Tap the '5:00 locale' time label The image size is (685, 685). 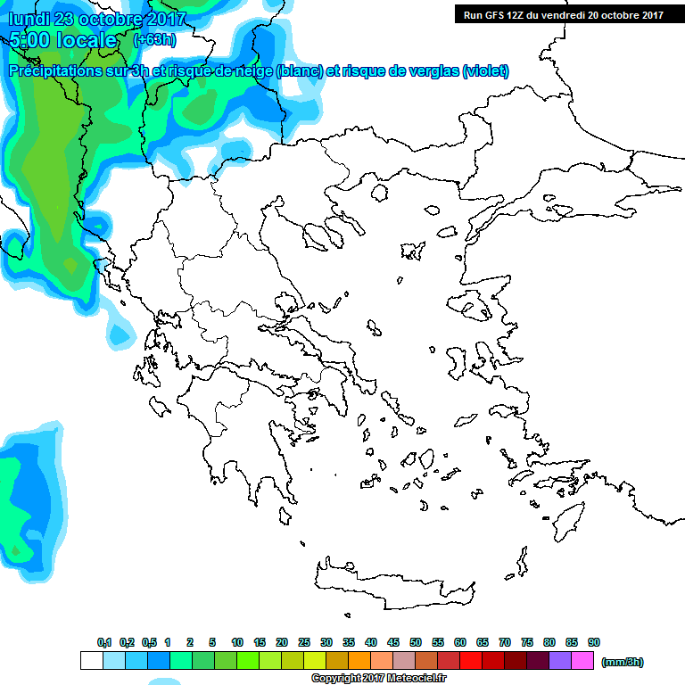tap(63, 40)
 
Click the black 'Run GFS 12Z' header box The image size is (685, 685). tap(562, 14)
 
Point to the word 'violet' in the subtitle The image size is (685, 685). tap(484, 71)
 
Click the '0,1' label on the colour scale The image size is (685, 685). tap(104, 642)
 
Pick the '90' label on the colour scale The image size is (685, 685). tap(594, 642)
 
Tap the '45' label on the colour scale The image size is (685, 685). tap(393, 642)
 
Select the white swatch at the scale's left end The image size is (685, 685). tap(91, 661)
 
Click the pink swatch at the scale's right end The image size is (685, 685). tap(582, 661)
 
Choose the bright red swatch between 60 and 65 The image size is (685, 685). tap(470, 661)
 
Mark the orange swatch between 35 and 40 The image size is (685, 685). tap(359, 661)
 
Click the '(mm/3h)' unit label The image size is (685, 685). tap(622, 662)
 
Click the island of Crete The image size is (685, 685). tap(392, 584)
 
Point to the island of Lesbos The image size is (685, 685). tap(475, 307)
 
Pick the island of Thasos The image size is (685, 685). tap(382, 194)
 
